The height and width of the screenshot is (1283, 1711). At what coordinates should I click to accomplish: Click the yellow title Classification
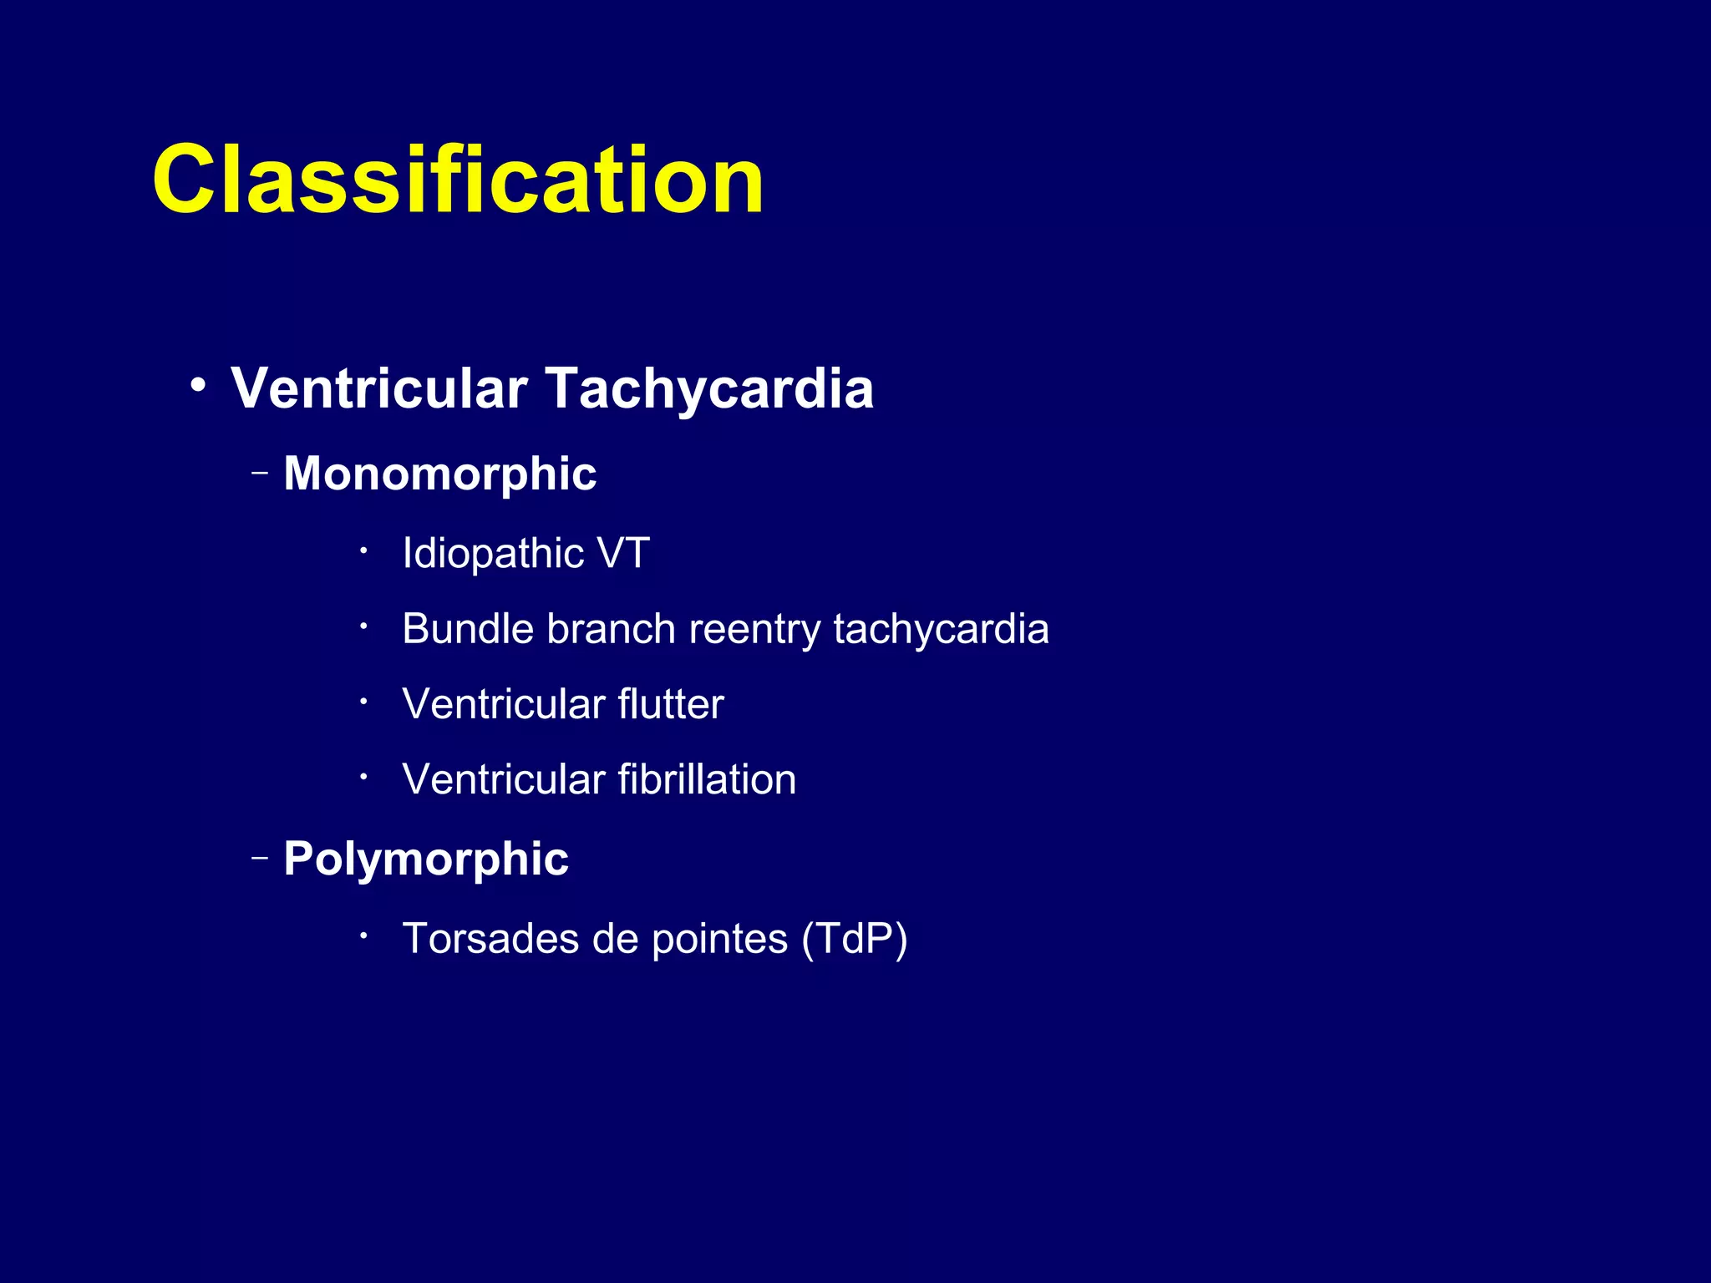(457, 180)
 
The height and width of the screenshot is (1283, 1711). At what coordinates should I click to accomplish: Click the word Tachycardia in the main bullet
(709, 388)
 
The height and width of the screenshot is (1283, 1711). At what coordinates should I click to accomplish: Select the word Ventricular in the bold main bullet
(379, 388)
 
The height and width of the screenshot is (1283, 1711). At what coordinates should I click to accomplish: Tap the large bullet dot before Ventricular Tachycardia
(197, 386)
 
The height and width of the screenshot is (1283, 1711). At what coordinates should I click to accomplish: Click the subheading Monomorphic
(439, 474)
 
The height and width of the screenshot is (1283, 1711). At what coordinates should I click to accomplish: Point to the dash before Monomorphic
(260, 474)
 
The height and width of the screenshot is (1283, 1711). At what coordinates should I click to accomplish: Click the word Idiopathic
(492, 553)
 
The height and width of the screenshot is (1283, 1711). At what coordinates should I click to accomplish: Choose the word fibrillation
(707, 778)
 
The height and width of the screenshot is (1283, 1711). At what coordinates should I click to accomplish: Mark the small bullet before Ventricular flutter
(363, 702)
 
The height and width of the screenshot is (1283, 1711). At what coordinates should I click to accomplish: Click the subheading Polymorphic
(425, 859)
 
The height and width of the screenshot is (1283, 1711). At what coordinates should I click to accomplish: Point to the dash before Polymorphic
(260, 858)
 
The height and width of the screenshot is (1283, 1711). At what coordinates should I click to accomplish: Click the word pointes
(719, 939)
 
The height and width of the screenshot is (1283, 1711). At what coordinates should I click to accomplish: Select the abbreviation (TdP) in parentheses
(854, 939)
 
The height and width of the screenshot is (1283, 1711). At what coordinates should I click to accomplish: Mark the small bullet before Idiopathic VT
(363, 550)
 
